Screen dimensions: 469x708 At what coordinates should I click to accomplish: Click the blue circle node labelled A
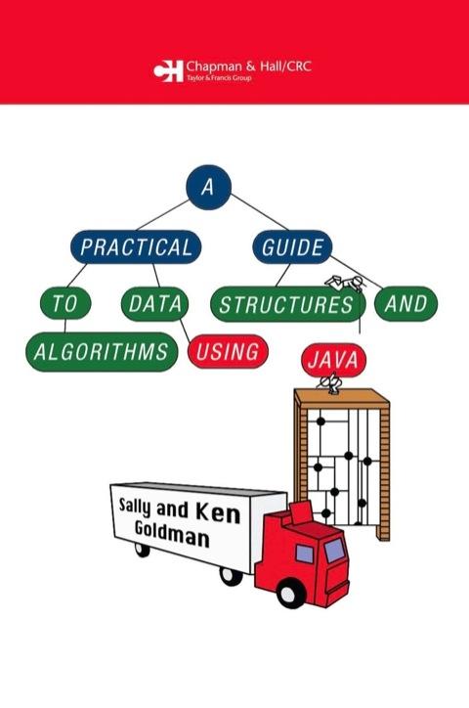pyautogui.click(x=208, y=187)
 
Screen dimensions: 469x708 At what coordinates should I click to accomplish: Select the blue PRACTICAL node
pyautogui.click(x=136, y=247)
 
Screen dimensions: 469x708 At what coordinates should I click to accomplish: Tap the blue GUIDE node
pyautogui.click(x=292, y=247)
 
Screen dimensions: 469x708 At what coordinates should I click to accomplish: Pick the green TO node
pyautogui.click(x=65, y=303)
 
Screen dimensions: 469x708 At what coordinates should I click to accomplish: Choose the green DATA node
pyautogui.click(x=154, y=304)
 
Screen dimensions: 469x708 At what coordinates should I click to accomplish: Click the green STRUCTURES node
pyautogui.click(x=287, y=304)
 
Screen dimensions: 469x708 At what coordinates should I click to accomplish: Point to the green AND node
pyautogui.click(x=405, y=303)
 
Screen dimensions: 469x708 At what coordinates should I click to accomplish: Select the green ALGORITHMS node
pyautogui.click(x=102, y=352)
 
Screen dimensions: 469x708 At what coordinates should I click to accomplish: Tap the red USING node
pyautogui.click(x=228, y=352)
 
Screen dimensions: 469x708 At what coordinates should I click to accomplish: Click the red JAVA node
pyautogui.click(x=333, y=360)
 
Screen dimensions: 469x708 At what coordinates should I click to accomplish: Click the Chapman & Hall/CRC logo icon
pyautogui.click(x=168, y=70)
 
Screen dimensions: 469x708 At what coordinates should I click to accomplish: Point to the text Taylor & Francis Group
pyautogui.click(x=219, y=77)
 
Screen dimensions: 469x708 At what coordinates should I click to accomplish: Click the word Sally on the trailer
pyautogui.click(x=135, y=507)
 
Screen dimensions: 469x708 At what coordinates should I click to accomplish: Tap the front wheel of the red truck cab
pyautogui.click(x=288, y=594)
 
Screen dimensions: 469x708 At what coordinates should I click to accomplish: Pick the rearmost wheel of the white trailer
pyautogui.click(x=142, y=550)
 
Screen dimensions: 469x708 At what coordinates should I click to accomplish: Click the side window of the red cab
pyautogui.click(x=304, y=553)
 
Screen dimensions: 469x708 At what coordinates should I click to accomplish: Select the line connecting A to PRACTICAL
pyautogui.click(x=162, y=215)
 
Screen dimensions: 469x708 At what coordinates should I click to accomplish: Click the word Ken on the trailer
pyautogui.click(x=218, y=514)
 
